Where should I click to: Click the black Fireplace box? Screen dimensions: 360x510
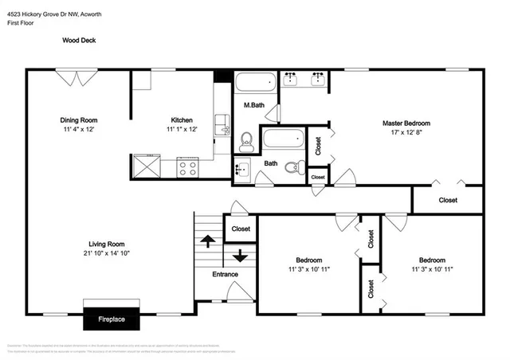coord(111,319)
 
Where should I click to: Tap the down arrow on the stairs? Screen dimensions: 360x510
coord(240,256)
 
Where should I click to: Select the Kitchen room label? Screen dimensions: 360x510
coord(182,120)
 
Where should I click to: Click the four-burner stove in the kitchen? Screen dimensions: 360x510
coord(187,167)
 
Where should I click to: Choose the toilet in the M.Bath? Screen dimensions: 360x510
coord(246,141)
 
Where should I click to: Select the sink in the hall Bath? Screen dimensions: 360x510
coord(241,168)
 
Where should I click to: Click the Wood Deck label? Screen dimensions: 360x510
coord(78,39)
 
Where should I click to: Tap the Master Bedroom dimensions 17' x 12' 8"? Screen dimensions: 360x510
coord(406,135)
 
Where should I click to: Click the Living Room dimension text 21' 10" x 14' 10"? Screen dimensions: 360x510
coord(105,252)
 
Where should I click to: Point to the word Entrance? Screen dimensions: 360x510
coord(225,275)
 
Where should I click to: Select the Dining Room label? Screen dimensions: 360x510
coord(84,120)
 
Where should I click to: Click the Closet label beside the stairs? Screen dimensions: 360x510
coord(241,229)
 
